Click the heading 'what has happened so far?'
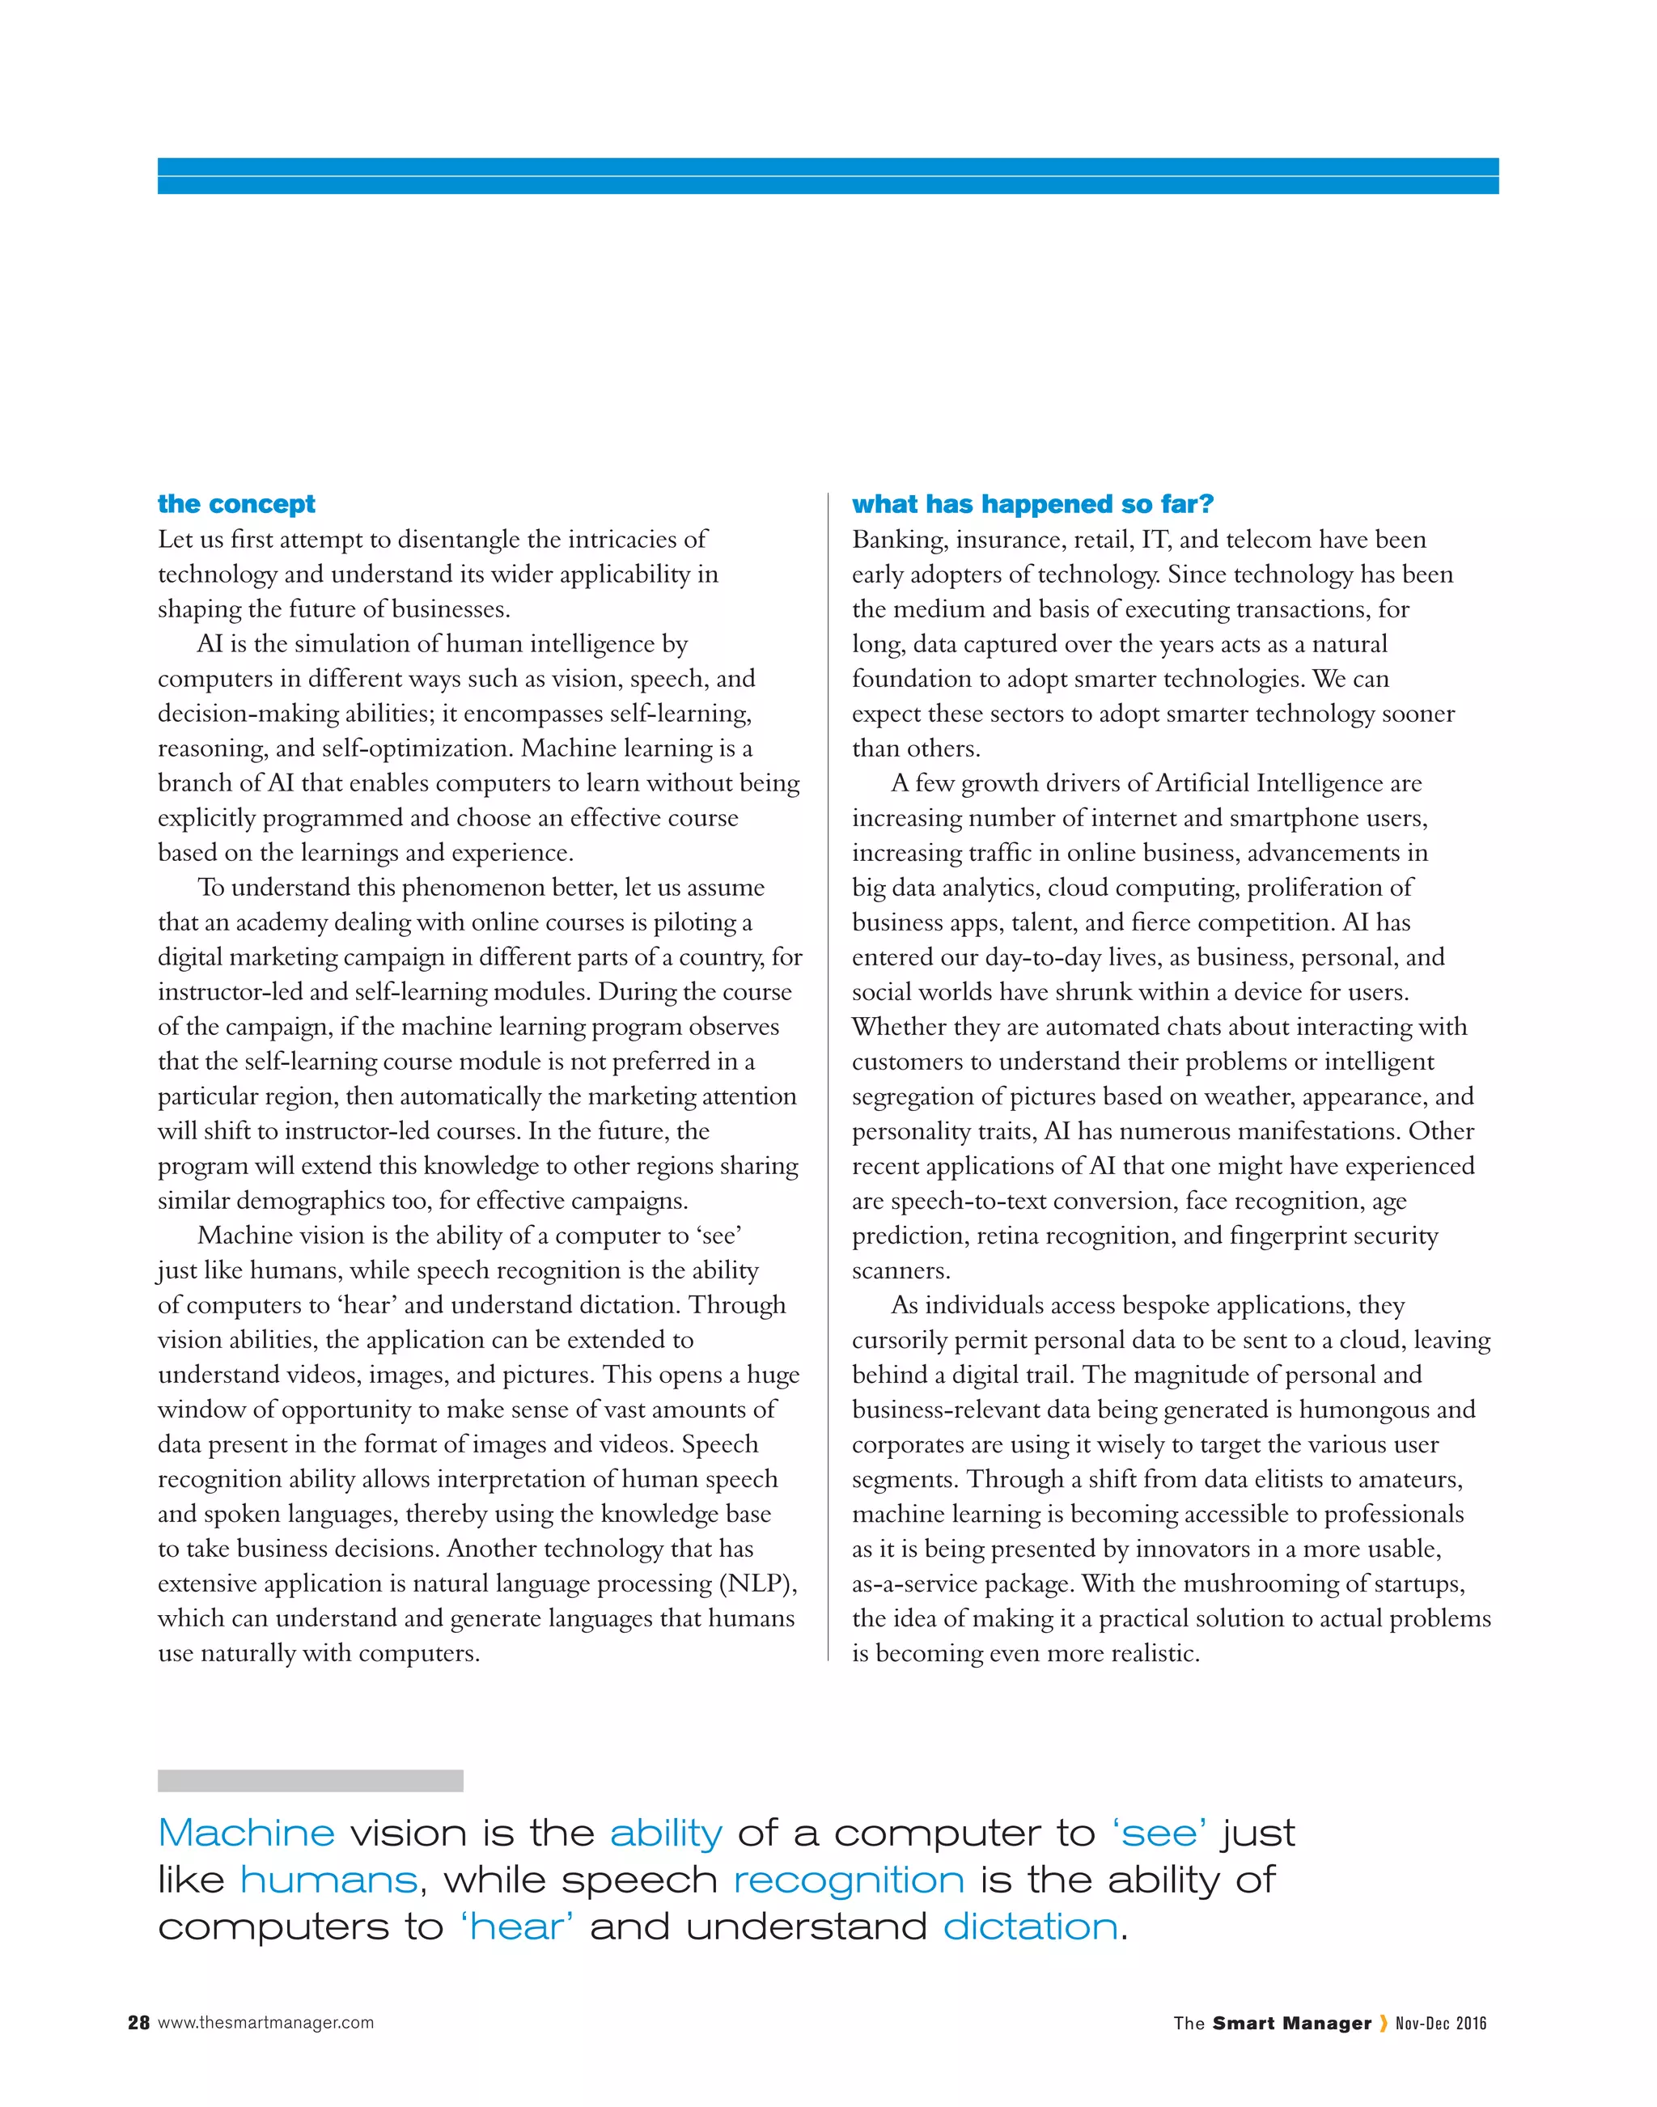[1032, 503]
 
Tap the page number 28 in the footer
[138, 2023]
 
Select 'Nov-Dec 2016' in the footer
[1441, 2023]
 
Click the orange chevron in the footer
[1383, 2023]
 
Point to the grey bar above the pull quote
[310, 1780]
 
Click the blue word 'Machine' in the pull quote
[247, 1834]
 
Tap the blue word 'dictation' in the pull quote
[1030, 1927]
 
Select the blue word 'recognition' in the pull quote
[849, 1880]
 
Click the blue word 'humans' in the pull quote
[328, 1880]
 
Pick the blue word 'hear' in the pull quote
[517, 1927]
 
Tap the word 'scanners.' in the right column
[901, 1271]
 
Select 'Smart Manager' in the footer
[1291, 2023]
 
